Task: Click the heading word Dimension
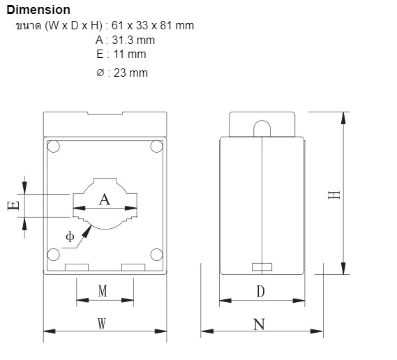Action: pos(38,10)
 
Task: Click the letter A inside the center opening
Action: pos(105,200)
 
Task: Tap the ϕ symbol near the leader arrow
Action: pos(70,237)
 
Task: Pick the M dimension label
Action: pos(103,291)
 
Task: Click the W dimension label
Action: pos(102,324)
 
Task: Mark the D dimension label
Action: pos(260,292)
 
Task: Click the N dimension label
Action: pos(260,324)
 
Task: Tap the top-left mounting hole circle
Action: pos(53,147)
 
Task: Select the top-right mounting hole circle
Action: pos(157,147)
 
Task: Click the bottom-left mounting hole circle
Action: pos(53,255)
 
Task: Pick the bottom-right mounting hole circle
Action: pos(157,255)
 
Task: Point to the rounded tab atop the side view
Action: pos(262,128)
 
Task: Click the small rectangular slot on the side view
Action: pos(262,266)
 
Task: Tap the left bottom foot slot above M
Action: pos(76,267)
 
